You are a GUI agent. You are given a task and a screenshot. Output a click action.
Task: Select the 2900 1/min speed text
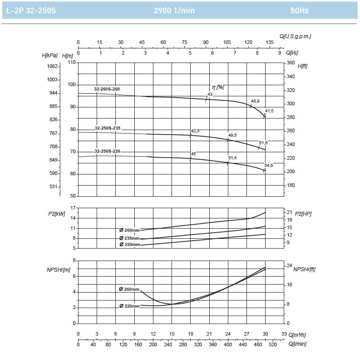pos(174,10)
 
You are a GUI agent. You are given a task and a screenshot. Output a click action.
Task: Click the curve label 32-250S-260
pos(107,89)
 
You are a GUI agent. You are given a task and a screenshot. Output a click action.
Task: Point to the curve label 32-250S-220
pos(107,151)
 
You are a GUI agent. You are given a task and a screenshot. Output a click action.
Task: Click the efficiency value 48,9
pos(255,101)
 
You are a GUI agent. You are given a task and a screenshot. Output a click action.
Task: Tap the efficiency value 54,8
pos(269,166)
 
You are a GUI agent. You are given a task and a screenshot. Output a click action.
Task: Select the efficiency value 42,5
pos(195,131)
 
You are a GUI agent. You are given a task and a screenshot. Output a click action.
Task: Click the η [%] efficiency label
pos(218,87)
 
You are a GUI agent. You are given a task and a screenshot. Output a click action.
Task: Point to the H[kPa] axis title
pos(50,55)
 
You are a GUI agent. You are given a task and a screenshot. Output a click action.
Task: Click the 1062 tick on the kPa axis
pos(52,66)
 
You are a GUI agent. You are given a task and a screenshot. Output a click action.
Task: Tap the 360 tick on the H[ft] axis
pos(291,63)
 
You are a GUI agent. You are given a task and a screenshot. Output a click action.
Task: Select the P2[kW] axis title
pos(56,214)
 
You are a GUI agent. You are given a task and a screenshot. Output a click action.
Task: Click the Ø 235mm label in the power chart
pos(129,238)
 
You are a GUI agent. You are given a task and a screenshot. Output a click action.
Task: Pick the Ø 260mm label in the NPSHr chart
pos(129,289)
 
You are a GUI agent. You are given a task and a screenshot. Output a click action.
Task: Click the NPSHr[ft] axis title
pos(305,269)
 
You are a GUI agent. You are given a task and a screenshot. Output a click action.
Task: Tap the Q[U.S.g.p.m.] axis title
pos(295,36)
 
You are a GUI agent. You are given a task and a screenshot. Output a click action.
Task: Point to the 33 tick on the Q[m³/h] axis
pos(284,334)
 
